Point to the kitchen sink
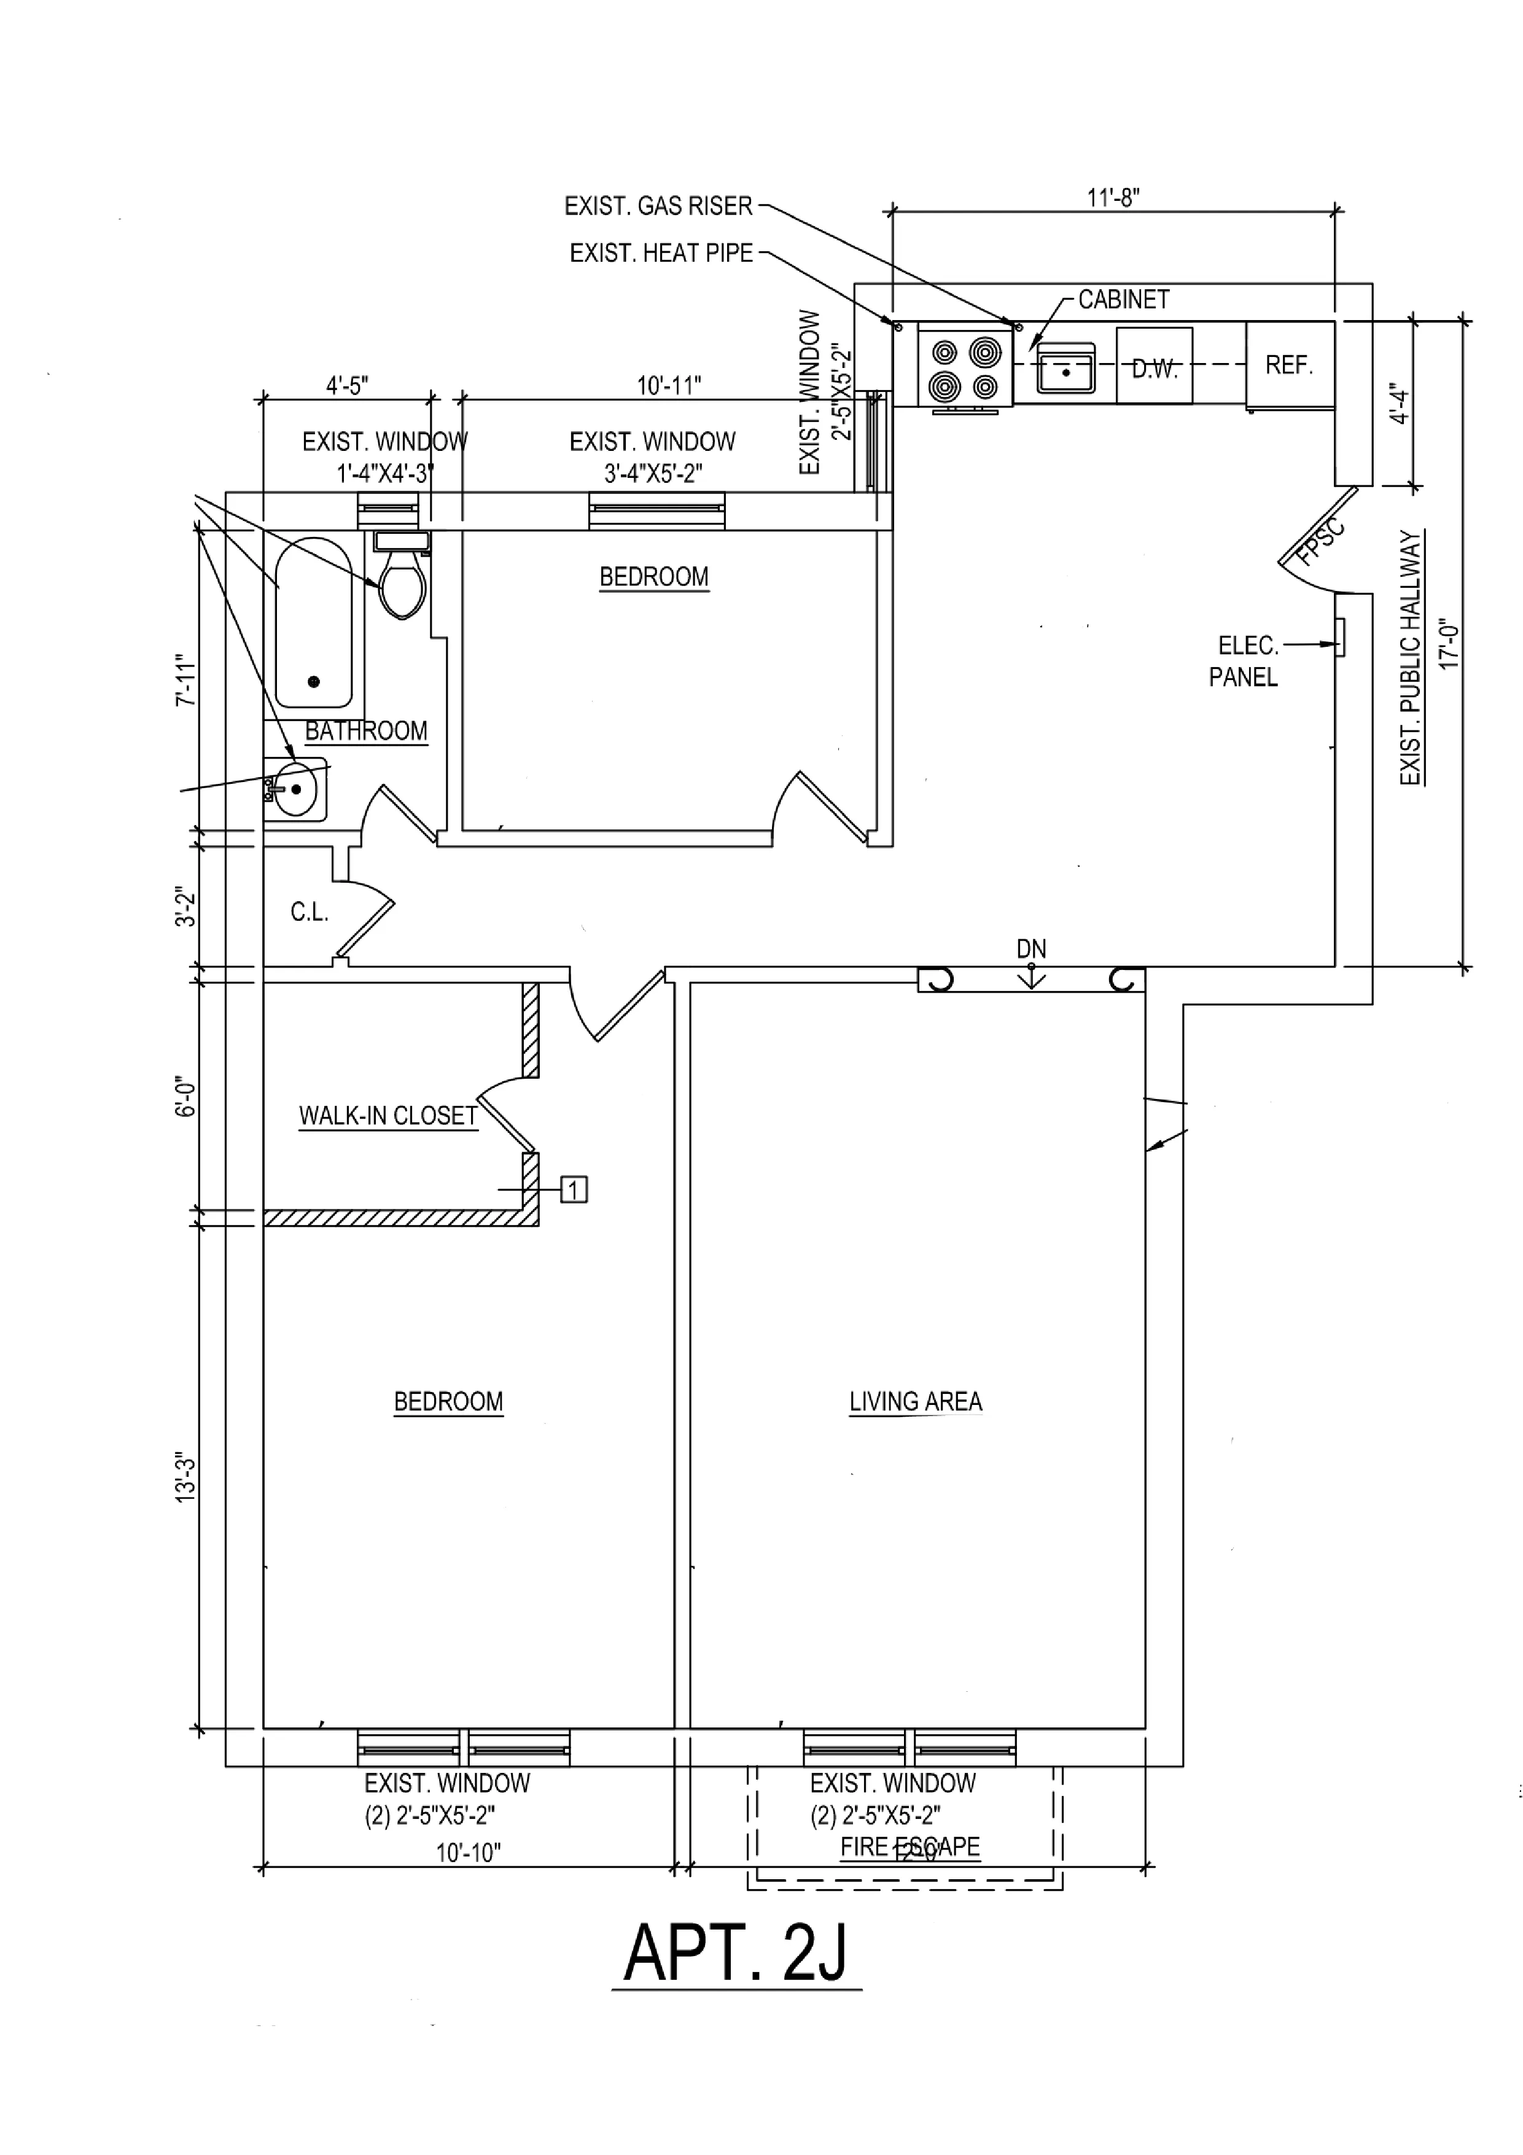1066,369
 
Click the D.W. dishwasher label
1153,369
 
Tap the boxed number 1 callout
574,1190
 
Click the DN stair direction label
1030,949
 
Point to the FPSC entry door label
1321,544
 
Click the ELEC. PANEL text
1245,661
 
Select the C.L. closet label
309,912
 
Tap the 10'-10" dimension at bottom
468,1853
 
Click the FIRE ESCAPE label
910,1847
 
